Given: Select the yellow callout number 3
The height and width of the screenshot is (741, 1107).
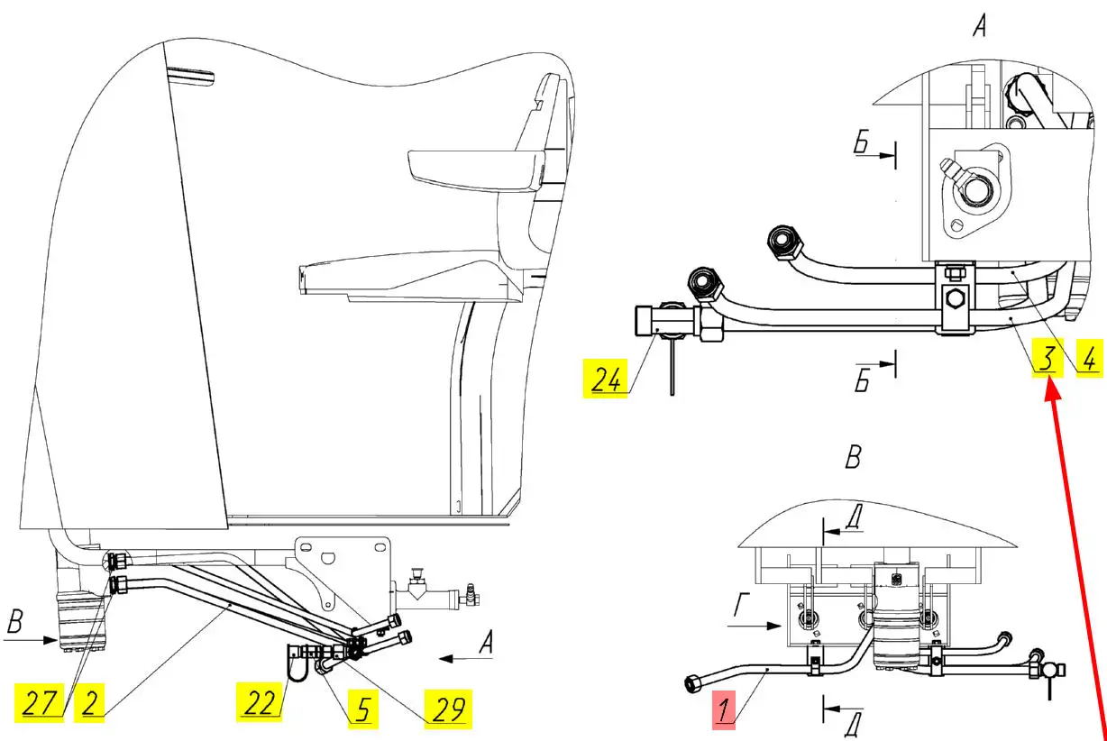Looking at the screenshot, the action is click(x=1046, y=359).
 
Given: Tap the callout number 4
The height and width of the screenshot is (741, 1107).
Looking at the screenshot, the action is click(x=1088, y=359).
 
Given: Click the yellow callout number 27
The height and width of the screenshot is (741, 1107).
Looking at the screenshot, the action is click(x=39, y=702).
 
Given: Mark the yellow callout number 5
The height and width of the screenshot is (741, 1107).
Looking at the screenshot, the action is click(x=361, y=710).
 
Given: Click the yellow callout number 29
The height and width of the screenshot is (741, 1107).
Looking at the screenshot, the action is click(x=448, y=710).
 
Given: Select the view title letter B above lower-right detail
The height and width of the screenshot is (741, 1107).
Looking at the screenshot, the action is click(x=853, y=457).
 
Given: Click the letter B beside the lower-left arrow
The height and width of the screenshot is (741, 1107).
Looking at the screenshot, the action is click(x=15, y=622).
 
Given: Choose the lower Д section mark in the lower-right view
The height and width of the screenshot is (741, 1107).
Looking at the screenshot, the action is click(x=849, y=723).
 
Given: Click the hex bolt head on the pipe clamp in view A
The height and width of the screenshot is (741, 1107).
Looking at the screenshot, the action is click(x=952, y=298).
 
